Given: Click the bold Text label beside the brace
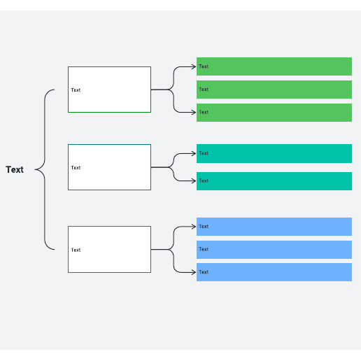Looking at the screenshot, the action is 15,169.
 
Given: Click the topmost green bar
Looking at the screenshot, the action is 274,66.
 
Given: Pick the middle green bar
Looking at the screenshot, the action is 274,90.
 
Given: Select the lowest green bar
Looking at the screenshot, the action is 274,113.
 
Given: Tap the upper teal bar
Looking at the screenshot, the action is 274,153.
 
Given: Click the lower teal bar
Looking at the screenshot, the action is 274,181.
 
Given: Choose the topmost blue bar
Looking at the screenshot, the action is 274,227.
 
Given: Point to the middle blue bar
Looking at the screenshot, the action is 274,250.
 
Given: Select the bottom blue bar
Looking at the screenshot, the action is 274,272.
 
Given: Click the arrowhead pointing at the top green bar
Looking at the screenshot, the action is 194,67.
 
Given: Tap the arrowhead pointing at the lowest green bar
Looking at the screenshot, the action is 194,113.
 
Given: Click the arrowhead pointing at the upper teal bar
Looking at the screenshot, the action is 194,153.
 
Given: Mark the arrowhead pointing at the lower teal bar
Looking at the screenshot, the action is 194,181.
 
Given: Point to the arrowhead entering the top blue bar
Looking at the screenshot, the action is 194,227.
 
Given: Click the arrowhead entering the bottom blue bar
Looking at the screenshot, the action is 194,272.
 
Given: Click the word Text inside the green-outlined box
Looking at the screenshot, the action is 76,90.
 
